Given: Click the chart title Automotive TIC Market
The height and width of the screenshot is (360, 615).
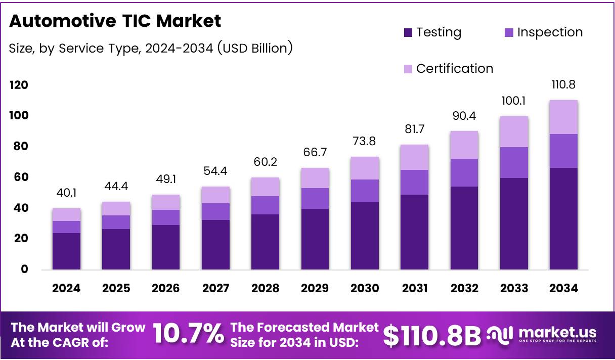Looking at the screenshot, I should [115, 21].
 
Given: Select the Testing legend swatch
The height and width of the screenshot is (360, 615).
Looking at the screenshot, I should [409, 33].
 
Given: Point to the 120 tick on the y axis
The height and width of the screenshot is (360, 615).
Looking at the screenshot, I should [18, 85].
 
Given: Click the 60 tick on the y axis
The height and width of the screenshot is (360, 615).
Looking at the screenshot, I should [18, 177].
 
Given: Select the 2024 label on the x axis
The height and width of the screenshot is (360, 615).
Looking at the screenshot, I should [66, 288].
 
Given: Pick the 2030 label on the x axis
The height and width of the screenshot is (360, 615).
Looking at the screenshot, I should [365, 288].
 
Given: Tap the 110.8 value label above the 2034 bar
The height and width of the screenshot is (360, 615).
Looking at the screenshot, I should [563, 84].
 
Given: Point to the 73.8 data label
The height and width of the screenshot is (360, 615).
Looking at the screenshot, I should [365, 141].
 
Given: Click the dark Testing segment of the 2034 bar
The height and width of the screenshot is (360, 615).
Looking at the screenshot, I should [563, 218].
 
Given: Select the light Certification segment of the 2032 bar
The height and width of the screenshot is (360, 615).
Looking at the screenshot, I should [464, 145].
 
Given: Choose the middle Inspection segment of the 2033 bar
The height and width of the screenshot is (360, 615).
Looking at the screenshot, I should [514, 162].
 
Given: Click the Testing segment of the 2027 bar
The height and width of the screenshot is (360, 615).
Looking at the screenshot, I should [215, 244].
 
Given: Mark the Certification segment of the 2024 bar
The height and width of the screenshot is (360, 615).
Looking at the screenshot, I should [66, 214].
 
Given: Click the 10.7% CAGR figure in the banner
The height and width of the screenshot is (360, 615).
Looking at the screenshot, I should [188, 335].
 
